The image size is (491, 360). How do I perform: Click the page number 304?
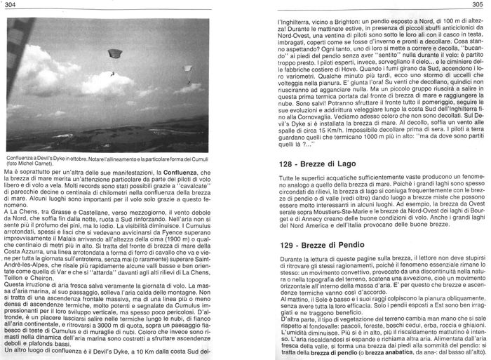10,5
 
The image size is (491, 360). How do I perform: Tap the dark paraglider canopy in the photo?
112,54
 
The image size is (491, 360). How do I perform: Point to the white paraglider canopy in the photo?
187,69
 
